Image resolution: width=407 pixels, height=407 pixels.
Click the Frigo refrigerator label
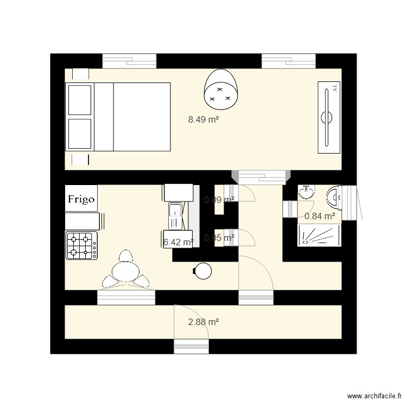pyautogui.click(x=81, y=199)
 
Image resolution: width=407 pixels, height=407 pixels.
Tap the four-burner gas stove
pyautogui.click(x=81, y=245)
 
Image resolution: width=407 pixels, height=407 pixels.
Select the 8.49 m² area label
pyautogui.click(x=203, y=120)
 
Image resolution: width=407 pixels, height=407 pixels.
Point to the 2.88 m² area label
pyautogui.click(x=203, y=322)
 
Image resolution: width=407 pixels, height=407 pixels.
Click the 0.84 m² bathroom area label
pyautogui.click(x=320, y=217)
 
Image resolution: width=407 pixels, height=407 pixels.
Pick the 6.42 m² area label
pyautogui.click(x=179, y=243)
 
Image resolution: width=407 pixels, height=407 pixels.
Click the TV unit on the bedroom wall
pyautogui.click(x=327, y=117)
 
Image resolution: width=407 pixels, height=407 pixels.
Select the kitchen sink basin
pyautogui.click(x=176, y=214)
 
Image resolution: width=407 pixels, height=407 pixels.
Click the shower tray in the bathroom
pyautogui.click(x=320, y=236)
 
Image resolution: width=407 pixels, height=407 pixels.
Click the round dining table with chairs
pyautogui.click(x=125, y=271)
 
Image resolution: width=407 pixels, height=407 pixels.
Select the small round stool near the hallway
pyautogui.click(x=203, y=270)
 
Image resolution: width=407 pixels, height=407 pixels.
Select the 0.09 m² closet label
pyautogui.click(x=219, y=200)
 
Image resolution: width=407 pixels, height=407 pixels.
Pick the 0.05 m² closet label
pyautogui.click(x=219, y=237)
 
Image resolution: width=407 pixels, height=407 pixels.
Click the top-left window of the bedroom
pyautogui.click(x=129, y=61)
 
